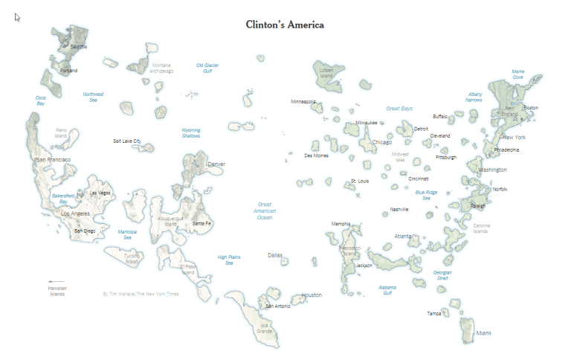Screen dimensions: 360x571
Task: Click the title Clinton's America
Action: click(x=285, y=25)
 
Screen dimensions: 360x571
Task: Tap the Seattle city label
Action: click(x=79, y=47)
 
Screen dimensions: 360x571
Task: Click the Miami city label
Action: click(x=483, y=332)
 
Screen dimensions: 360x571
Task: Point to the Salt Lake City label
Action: click(x=126, y=141)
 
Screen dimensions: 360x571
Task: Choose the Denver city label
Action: click(x=216, y=164)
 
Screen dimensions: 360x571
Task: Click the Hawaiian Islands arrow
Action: click(x=56, y=281)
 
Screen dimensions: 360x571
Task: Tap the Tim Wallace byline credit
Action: click(x=141, y=294)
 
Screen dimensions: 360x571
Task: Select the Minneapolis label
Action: click(x=303, y=101)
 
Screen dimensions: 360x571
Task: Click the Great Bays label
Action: click(x=399, y=109)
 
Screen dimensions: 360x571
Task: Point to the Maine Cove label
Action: click(x=517, y=74)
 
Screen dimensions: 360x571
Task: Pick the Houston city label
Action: click(x=312, y=295)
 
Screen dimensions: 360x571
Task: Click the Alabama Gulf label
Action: click(x=387, y=290)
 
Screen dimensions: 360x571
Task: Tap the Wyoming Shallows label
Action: click(x=191, y=133)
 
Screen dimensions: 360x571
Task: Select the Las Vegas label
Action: click(x=100, y=193)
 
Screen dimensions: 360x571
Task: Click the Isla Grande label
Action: click(x=265, y=327)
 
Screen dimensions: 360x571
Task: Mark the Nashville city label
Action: click(x=399, y=210)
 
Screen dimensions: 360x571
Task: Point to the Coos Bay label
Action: click(x=41, y=100)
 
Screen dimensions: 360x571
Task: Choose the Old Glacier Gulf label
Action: click(x=207, y=68)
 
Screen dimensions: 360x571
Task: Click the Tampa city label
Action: click(x=433, y=314)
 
